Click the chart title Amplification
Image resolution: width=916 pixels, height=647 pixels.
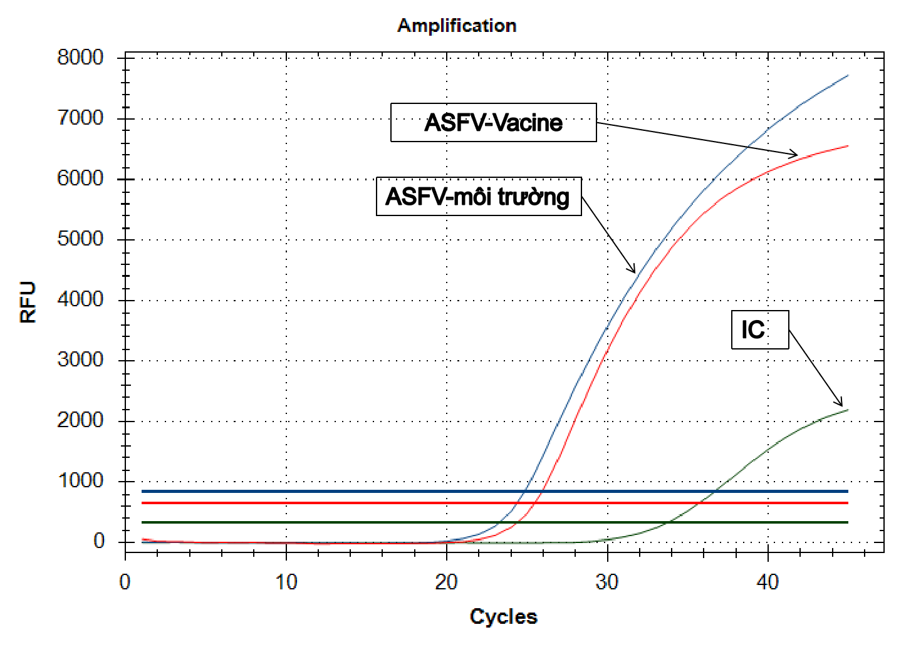pos(457,26)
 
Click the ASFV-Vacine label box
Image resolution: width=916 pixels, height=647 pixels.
pos(493,123)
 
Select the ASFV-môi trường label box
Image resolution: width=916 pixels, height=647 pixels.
pos(478,197)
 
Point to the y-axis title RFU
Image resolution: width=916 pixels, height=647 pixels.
pos(28,302)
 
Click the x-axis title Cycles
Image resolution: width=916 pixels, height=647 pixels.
pos(503,616)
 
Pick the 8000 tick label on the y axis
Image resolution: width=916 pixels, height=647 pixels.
pos(80,58)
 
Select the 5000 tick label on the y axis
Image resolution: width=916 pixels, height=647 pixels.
pos(80,239)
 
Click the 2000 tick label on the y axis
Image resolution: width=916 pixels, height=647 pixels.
pos(80,420)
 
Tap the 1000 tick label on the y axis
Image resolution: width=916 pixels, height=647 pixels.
pos(80,481)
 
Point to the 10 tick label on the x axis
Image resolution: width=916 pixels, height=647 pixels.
pos(286,582)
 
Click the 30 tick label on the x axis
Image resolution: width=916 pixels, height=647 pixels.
pos(607,582)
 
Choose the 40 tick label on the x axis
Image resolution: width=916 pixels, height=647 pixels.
pos(768,582)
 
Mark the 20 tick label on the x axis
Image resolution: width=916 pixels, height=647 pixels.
pos(446,582)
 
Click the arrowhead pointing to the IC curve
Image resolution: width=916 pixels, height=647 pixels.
pos(840,404)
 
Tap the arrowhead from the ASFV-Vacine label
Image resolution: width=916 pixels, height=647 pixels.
pos(794,155)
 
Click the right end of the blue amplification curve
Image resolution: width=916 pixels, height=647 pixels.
pos(848,75)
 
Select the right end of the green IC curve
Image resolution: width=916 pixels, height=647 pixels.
pos(848,410)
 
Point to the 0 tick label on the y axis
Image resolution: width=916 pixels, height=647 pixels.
pos(99,541)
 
